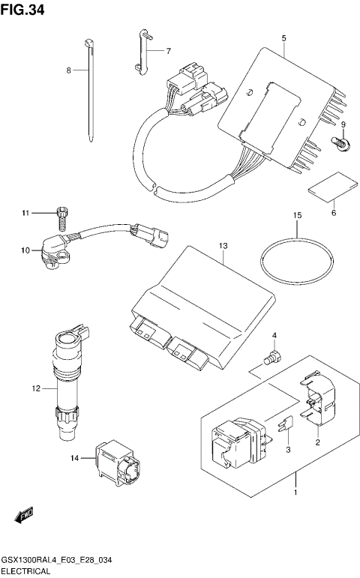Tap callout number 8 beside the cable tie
point(68,70)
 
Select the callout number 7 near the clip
point(168,51)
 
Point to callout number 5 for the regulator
point(284,37)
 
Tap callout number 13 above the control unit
point(223,246)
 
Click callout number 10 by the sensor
point(25,250)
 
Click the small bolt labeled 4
point(274,359)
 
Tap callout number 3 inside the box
point(287,450)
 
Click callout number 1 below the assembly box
point(295,493)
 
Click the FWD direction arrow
point(25,516)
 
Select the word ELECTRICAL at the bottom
point(25,571)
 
